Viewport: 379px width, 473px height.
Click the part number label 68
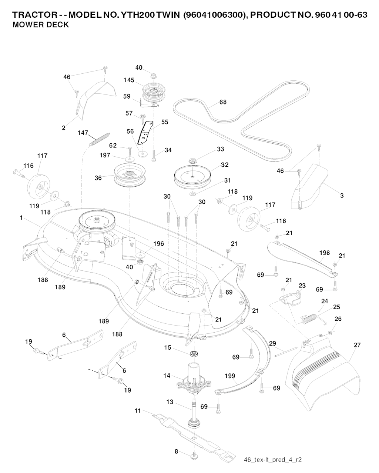tap(223, 102)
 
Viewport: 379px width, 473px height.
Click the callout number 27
tap(357, 345)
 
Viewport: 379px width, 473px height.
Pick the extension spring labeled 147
tap(99, 138)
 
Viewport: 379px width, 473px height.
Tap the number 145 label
tap(129, 80)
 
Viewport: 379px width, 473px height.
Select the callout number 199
tap(230, 376)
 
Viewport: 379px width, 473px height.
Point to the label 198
tap(324, 253)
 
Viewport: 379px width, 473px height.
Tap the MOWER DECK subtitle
tap(41, 25)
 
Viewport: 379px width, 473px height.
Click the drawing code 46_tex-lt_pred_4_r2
tap(273, 460)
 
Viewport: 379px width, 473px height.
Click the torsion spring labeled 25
tap(310, 318)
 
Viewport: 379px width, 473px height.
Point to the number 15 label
tap(168, 347)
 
